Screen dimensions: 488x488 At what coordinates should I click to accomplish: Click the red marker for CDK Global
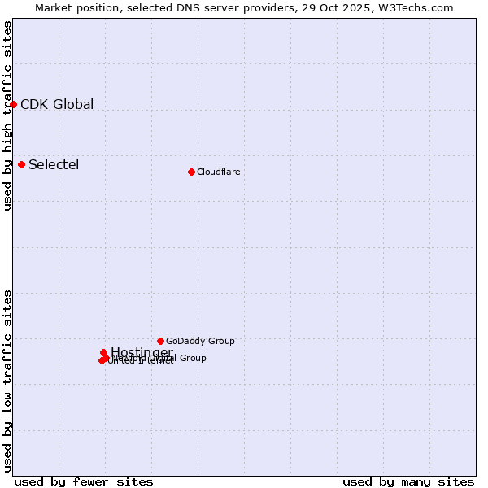(13, 104)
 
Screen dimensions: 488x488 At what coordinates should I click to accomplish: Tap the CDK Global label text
(57, 104)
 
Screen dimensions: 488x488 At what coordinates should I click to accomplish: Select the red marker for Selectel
(21, 164)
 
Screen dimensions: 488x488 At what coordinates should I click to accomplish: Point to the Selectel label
(54, 164)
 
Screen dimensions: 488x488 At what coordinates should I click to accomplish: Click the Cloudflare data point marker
(191, 172)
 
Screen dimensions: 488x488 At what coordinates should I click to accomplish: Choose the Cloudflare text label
(218, 172)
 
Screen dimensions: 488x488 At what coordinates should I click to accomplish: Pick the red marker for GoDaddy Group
(160, 341)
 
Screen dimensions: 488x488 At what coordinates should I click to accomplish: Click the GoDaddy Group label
(200, 341)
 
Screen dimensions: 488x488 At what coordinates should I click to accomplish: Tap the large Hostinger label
(142, 352)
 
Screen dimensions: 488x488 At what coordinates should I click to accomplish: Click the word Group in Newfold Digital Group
(192, 358)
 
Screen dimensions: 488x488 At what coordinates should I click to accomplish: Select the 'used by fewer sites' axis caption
(83, 481)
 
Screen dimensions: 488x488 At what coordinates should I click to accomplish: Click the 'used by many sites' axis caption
(408, 481)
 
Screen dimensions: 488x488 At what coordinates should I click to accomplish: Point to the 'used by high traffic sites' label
(8, 115)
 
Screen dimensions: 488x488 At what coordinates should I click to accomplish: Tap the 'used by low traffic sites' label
(8, 381)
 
